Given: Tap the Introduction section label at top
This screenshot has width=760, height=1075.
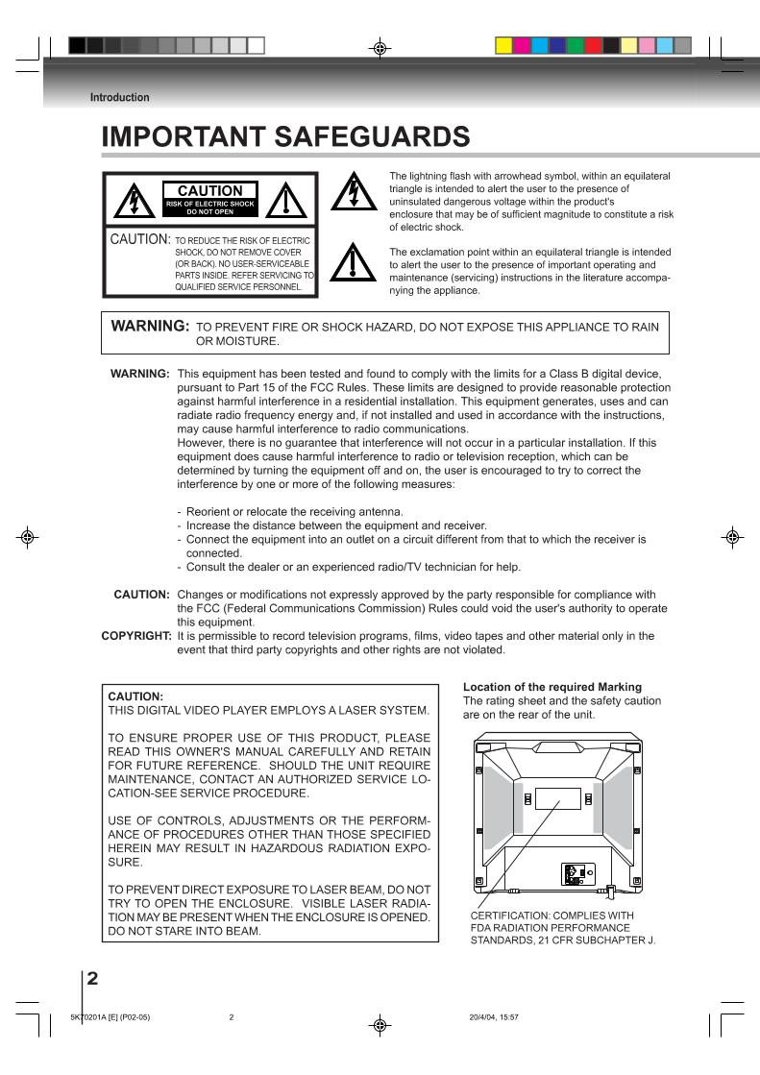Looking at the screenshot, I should (119, 97).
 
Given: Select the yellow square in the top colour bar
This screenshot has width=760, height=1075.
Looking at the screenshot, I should (503, 44).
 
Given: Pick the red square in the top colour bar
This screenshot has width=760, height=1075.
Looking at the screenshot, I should (594, 44).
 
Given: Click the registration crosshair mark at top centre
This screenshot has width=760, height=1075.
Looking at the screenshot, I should (380, 45).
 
